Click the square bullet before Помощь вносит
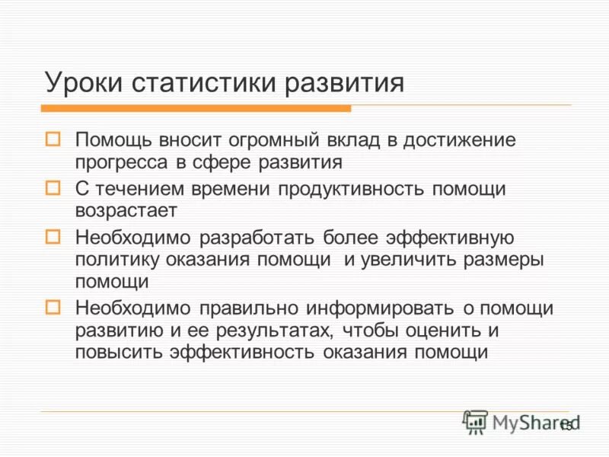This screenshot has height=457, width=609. click(53, 139)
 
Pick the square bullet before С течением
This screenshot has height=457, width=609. click(53, 187)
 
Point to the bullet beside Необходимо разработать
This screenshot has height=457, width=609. click(53, 236)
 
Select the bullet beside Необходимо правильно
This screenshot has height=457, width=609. click(53, 307)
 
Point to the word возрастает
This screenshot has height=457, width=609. click(126, 209)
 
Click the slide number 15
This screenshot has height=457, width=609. click(566, 425)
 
